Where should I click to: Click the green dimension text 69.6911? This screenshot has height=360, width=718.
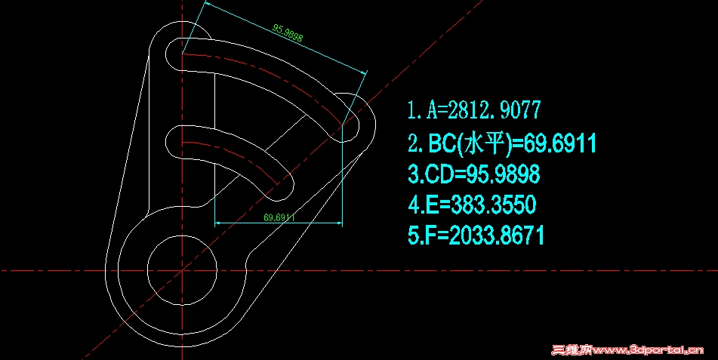click(x=279, y=217)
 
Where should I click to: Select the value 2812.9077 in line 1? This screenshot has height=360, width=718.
click(x=495, y=110)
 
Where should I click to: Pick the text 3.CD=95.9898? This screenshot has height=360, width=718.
click(x=473, y=174)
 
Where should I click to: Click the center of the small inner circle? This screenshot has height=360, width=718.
click(x=182, y=269)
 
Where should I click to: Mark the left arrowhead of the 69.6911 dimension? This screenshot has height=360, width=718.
click(x=219, y=223)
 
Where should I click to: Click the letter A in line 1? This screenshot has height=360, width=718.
click(x=433, y=110)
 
